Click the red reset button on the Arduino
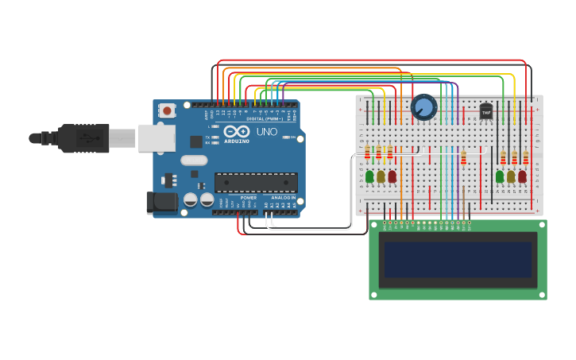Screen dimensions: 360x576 click(167, 110)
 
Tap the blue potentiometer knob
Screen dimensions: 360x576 click(423, 106)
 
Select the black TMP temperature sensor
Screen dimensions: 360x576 click(486, 112)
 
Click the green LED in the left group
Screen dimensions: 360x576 click(369, 176)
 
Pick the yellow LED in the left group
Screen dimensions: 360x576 click(381, 176)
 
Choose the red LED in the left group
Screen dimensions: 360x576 click(392, 176)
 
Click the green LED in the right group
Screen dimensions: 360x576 click(500, 176)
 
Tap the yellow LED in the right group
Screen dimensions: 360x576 click(511, 176)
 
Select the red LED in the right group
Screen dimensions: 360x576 click(522, 176)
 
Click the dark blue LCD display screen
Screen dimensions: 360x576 click(458, 259)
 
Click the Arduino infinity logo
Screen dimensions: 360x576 click(236, 132)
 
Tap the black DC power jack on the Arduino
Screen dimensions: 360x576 click(162, 203)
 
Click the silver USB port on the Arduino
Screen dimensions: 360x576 click(157, 138)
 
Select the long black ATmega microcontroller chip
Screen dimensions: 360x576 click(256, 183)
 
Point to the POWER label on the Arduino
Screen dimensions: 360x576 click(249, 198)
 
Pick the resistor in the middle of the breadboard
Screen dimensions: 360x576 click(464, 158)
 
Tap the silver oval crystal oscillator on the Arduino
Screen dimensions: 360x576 click(194, 160)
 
